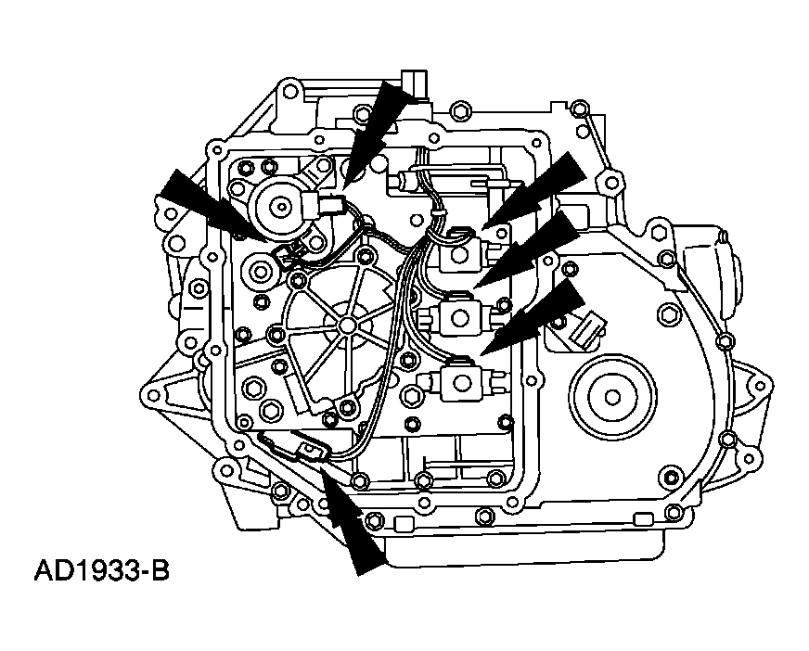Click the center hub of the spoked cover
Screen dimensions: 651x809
pos(345,325)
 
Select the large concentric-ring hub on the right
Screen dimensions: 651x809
pos(612,393)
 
